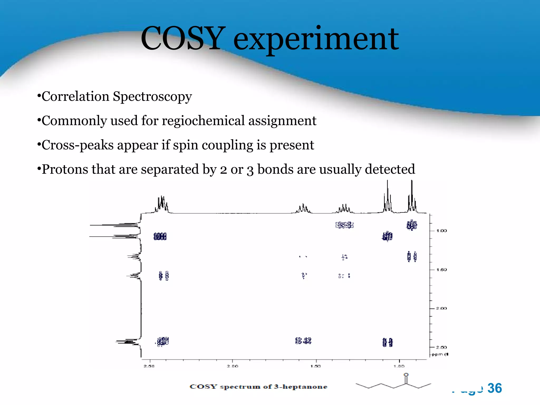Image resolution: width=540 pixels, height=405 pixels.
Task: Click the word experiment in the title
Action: pos(316,40)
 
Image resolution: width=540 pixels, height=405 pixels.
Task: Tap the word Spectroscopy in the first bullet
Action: pos(152,97)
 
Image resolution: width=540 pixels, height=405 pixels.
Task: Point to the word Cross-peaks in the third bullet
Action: pos(77,145)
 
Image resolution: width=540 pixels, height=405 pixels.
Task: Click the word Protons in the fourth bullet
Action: pos(65,169)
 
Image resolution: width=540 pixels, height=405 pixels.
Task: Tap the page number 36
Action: pos(494,388)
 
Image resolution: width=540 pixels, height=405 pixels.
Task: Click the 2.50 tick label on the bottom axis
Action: pos(149,366)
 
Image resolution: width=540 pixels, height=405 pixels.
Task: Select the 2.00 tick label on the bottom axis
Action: pos(233,366)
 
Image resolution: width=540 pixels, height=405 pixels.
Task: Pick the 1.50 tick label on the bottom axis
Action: pos(316,366)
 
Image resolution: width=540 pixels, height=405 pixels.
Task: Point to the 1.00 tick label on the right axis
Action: pos(442,231)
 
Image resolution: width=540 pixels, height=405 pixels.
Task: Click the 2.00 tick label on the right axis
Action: pos(442,308)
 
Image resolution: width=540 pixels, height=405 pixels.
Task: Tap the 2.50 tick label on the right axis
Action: pos(442,347)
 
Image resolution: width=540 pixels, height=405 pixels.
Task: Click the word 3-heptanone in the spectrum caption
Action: pos(301,387)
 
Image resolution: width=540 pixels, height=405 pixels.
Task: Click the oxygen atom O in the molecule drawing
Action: pos(406,375)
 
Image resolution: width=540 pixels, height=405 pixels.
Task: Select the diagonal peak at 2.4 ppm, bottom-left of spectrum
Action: pos(163,342)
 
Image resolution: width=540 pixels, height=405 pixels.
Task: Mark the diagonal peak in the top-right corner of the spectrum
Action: pos(412,225)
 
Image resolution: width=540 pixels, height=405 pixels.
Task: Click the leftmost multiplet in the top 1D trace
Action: pos(161,204)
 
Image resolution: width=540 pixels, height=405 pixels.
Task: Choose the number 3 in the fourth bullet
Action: pos(250,170)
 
